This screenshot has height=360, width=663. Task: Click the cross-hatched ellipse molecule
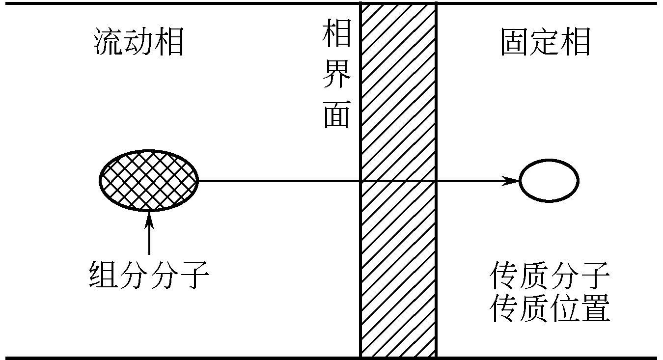(x=148, y=181)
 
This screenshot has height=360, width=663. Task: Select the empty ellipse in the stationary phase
(x=549, y=181)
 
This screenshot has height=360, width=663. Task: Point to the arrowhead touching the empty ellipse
(x=513, y=181)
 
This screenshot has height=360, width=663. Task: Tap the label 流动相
(x=139, y=43)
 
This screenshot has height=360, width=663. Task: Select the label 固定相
(x=545, y=43)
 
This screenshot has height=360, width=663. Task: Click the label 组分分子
(x=149, y=275)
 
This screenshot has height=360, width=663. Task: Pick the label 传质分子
(x=550, y=276)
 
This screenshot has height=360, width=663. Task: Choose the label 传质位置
(x=550, y=308)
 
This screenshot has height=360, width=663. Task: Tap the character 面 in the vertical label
(x=337, y=115)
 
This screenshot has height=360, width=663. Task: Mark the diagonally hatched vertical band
(x=398, y=98)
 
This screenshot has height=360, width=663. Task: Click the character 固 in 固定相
(x=515, y=43)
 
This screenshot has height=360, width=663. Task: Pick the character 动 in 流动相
(x=139, y=43)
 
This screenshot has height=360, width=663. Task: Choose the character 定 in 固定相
(x=545, y=43)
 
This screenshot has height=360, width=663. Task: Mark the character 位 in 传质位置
(x=565, y=308)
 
